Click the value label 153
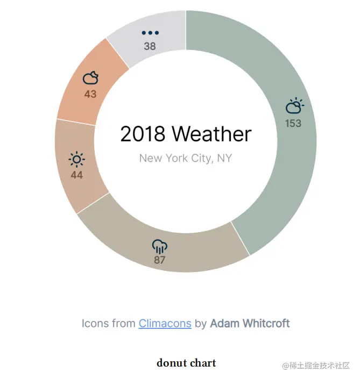click(x=293, y=124)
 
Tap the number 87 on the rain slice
click(x=159, y=260)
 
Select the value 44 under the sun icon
click(x=76, y=175)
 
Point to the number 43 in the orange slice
click(x=90, y=94)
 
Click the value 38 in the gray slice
click(x=150, y=46)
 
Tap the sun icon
click(x=76, y=159)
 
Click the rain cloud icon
click(x=160, y=247)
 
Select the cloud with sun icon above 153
click(x=294, y=106)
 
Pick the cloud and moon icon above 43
click(x=91, y=77)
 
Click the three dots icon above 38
click(x=150, y=33)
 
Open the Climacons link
click(x=165, y=323)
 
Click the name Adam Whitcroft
click(x=250, y=323)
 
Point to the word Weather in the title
click(x=212, y=134)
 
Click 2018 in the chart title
click(x=143, y=134)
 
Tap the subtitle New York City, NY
click(x=186, y=158)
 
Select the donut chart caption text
click(x=186, y=363)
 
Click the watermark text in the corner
click(x=316, y=365)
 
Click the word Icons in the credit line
click(x=91, y=323)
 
